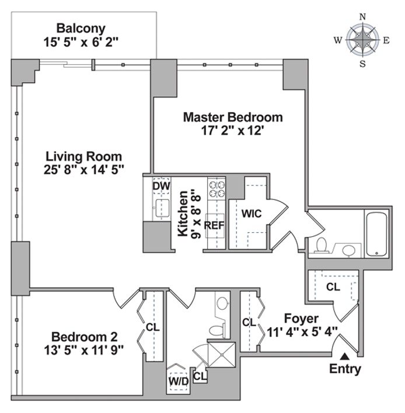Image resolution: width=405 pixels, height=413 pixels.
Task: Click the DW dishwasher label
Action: click(160, 185)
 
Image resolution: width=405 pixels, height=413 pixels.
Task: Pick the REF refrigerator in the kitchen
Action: click(215, 225)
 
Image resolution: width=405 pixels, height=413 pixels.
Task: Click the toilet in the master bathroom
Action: click(320, 245)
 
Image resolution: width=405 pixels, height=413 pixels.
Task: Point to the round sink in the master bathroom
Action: click(348, 250)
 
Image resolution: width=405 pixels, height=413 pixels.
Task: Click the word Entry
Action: click(345, 369)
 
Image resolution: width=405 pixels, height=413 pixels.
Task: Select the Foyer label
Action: click(301, 318)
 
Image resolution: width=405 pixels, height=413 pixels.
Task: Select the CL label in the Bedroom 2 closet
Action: click(152, 327)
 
